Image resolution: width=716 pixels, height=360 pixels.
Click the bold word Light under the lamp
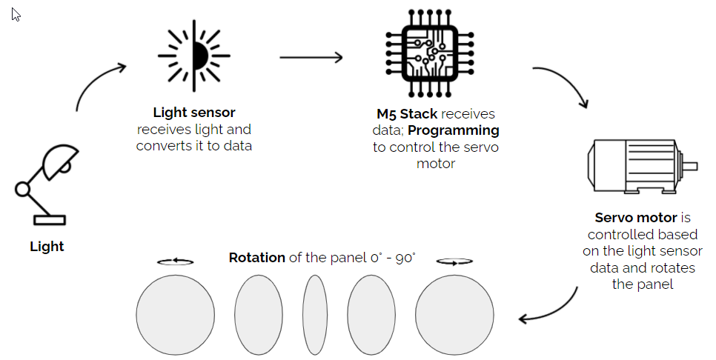[47, 247]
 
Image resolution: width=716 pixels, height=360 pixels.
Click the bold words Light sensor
[194, 113]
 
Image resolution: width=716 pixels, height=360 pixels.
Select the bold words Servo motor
[636, 218]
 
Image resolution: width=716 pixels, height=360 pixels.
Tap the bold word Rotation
[257, 258]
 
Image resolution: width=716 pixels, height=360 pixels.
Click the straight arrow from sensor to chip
[311, 57]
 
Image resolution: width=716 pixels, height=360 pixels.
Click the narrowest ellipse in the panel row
[314, 316]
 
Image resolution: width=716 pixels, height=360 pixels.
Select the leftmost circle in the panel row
[175, 316]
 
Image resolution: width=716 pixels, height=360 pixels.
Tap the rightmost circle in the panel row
[454, 316]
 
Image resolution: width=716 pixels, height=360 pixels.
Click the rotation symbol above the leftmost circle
[176, 261]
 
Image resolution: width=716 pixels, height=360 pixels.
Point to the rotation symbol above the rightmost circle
[454, 261]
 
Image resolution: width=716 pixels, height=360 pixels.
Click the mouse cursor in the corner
[16, 14]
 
